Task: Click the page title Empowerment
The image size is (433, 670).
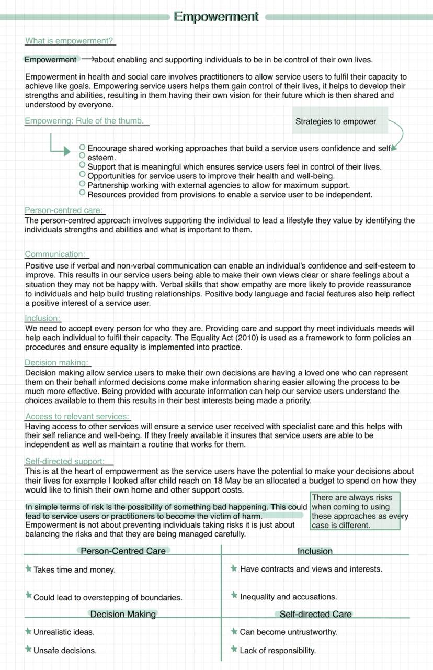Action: coord(216,17)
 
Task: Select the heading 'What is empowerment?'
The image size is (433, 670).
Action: coord(69,41)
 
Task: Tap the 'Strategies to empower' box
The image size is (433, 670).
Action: coord(336,121)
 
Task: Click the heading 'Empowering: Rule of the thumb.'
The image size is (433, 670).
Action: coord(84,121)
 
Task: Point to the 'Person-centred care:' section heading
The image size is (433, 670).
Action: coord(64,210)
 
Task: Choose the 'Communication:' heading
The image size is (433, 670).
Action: coord(55,254)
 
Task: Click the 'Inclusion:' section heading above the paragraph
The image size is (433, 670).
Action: coord(42,318)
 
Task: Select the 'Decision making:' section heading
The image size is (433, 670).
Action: coord(56,362)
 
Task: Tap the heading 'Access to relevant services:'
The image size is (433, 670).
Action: coord(77,417)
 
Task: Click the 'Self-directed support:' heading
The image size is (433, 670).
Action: coord(69,461)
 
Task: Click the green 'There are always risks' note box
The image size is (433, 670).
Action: coord(355,511)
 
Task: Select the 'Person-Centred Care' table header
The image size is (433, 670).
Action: coord(123,551)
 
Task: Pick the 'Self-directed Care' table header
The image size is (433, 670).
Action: coord(315,614)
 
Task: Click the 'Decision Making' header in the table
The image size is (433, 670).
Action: coord(123,614)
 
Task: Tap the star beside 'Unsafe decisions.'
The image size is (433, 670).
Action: coord(28,650)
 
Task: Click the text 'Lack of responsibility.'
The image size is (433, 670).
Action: coord(278,651)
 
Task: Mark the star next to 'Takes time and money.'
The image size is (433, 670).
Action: coord(28,569)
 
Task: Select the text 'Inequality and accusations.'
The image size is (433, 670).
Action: coord(288,597)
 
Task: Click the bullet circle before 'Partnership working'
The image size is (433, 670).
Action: coord(82,184)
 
